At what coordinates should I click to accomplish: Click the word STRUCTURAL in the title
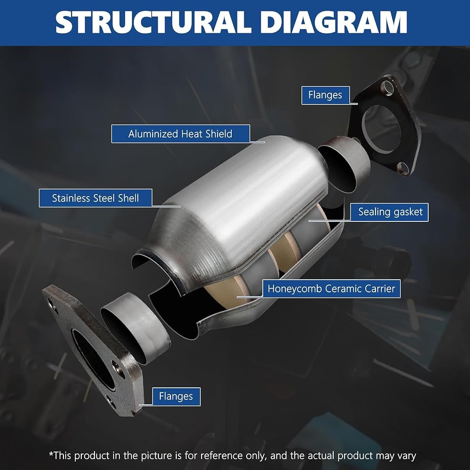click(x=153, y=22)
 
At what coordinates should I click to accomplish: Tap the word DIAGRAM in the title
click(x=334, y=22)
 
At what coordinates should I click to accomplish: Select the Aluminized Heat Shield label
click(x=180, y=133)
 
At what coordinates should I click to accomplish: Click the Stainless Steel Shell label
click(x=95, y=198)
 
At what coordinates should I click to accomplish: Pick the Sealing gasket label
click(x=389, y=212)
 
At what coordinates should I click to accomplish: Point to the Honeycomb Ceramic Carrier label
click(x=331, y=289)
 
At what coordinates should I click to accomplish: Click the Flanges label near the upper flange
click(x=325, y=95)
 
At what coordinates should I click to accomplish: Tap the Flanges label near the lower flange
click(x=176, y=397)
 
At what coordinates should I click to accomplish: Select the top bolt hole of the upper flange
click(x=387, y=87)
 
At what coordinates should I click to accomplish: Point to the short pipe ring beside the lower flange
click(x=135, y=328)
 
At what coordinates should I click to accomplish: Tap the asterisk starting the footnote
click(x=51, y=454)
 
